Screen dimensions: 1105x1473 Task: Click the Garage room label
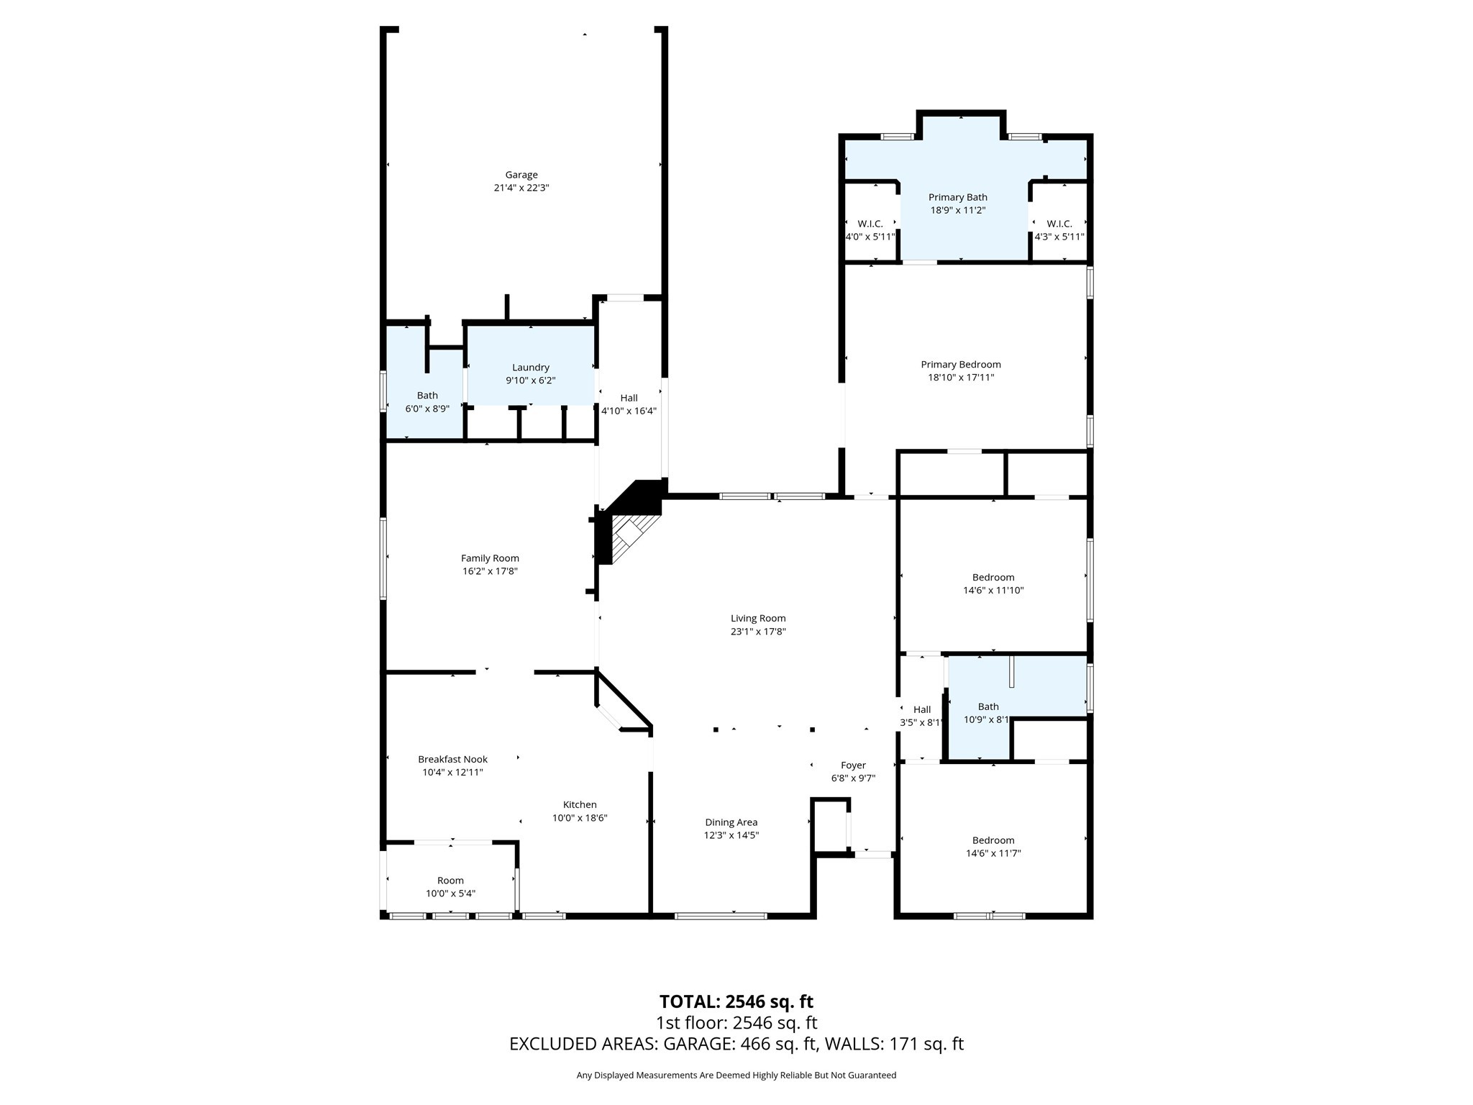(x=521, y=175)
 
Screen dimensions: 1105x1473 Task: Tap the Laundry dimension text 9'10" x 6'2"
(x=530, y=381)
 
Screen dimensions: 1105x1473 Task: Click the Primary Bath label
(x=957, y=197)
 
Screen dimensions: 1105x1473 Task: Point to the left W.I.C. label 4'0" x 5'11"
(x=870, y=230)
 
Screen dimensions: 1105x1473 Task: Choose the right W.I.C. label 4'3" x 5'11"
(x=1059, y=230)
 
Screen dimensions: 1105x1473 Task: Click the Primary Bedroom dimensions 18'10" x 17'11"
(x=960, y=378)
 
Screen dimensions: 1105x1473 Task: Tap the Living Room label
(x=758, y=618)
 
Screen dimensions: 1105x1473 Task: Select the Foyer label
(x=853, y=765)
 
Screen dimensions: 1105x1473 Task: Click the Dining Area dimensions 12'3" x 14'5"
(x=731, y=835)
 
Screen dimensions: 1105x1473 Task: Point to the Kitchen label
(x=580, y=805)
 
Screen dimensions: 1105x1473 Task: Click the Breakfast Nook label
(x=452, y=759)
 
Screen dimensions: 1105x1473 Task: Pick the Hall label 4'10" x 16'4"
(x=629, y=404)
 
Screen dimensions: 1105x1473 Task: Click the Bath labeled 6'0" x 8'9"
(x=427, y=401)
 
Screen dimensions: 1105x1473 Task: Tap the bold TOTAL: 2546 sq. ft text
(x=736, y=1001)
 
